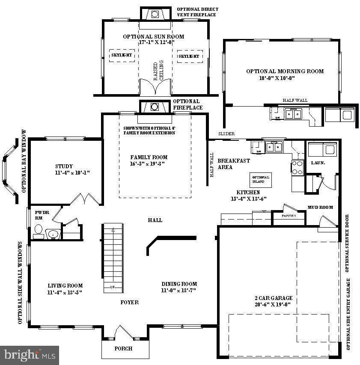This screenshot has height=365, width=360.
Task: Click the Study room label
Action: point(64,166)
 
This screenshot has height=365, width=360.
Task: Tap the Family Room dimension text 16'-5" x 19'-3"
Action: point(148,164)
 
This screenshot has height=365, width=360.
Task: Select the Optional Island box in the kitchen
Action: point(261,179)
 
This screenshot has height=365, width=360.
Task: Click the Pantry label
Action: point(289,216)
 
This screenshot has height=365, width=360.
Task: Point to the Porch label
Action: point(123,348)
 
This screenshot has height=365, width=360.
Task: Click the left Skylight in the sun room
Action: point(122,56)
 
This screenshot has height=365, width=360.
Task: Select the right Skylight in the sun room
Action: point(189,56)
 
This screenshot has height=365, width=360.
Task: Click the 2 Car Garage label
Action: point(273,298)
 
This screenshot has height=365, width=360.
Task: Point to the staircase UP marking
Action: point(113,287)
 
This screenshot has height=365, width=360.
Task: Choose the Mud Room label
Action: point(320,208)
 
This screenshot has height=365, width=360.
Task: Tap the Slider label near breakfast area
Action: point(226,134)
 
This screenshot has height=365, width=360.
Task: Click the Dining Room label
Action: point(179,284)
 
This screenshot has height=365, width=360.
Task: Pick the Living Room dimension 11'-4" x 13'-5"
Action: point(65,292)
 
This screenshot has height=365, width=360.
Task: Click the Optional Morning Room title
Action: point(285,71)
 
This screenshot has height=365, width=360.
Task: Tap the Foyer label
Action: point(129,302)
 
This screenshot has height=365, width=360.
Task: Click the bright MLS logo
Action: point(30,355)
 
